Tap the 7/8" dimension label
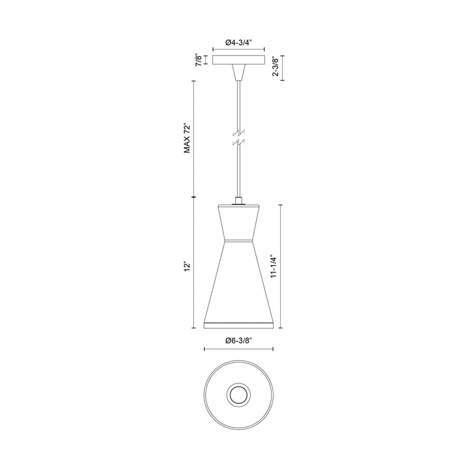click(x=198, y=61)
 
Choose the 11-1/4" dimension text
click(x=274, y=266)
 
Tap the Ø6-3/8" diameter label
click(x=239, y=339)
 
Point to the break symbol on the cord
click(x=239, y=137)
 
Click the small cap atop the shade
click(x=239, y=203)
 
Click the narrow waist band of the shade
click(x=239, y=242)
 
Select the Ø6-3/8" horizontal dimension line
click(x=239, y=349)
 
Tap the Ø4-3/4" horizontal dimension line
click(x=239, y=51)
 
